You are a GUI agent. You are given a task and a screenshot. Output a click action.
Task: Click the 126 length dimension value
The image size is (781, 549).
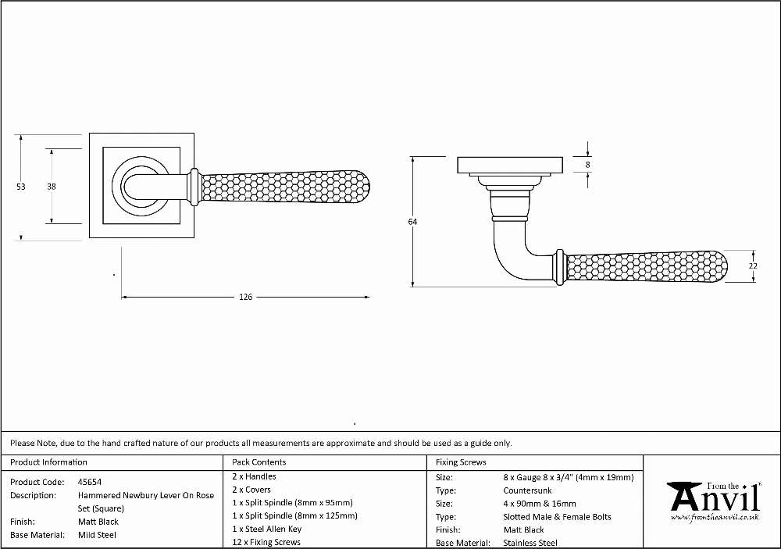[x=245, y=297]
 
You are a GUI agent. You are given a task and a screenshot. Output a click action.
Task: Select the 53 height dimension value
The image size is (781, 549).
[x=21, y=187]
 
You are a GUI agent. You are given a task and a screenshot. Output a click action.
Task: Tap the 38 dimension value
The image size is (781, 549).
[x=52, y=187]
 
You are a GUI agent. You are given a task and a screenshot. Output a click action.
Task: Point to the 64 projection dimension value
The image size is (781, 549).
[x=412, y=222]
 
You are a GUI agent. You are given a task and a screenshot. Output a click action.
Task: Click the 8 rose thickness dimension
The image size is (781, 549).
[x=588, y=165]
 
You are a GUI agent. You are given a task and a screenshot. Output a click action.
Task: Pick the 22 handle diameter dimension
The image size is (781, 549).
[x=753, y=266]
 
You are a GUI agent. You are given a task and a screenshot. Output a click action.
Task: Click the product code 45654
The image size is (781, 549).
[x=90, y=482]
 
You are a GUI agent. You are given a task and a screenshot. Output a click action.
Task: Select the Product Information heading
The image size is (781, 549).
[x=48, y=462]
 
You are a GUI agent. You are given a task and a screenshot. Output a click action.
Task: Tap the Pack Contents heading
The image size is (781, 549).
[x=259, y=462]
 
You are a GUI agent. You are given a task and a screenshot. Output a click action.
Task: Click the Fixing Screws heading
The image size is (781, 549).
[x=461, y=462]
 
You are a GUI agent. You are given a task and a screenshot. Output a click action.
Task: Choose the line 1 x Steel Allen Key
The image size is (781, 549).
[x=266, y=529]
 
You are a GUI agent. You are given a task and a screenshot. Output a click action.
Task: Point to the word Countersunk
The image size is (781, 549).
[x=527, y=490]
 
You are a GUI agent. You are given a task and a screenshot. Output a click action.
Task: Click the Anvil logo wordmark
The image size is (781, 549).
[x=715, y=497]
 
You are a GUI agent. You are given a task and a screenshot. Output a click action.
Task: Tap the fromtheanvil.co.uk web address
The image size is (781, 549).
[x=715, y=518]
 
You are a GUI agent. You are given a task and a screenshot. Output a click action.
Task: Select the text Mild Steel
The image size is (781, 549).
[x=97, y=535]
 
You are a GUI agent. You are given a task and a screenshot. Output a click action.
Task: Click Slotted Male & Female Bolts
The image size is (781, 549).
[x=557, y=517]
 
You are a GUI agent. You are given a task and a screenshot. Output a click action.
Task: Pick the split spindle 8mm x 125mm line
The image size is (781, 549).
[x=294, y=515]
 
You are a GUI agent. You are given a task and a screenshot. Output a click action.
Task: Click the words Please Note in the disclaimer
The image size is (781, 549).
[x=33, y=443]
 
